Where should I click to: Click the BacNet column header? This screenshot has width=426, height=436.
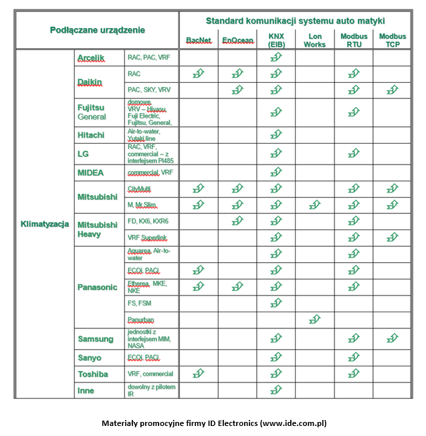(x=198, y=40)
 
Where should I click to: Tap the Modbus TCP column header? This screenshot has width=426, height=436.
(x=392, y=39)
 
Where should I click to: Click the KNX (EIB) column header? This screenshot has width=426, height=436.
(x=276, y=39)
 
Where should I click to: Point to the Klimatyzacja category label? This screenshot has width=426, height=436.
(x=45, y=224)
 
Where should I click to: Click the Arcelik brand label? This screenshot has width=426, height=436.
(x=91, y=58)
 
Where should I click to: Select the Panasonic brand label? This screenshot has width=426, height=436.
(x=98, y=287)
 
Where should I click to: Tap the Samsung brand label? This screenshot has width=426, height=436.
(x=96, y=340)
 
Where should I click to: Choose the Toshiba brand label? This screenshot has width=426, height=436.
(x=93, y=374)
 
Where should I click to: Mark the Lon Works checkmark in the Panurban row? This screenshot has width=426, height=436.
(x=314, y=320)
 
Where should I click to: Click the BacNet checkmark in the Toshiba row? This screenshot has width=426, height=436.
(x=198, y=374)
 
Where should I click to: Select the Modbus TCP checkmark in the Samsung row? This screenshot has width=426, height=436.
(x=392, y=340)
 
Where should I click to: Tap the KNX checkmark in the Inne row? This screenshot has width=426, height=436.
(x=276, y=390)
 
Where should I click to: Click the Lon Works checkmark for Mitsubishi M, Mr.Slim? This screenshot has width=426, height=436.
(x=314, y=205)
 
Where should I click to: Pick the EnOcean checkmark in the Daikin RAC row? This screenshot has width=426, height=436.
(x=237, y=74)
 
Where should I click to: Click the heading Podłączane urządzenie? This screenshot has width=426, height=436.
(x=97, y=30)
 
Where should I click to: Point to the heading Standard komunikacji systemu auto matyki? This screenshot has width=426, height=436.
(x=295, y=21)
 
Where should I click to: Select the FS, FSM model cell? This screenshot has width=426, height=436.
(x=139, y=303)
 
